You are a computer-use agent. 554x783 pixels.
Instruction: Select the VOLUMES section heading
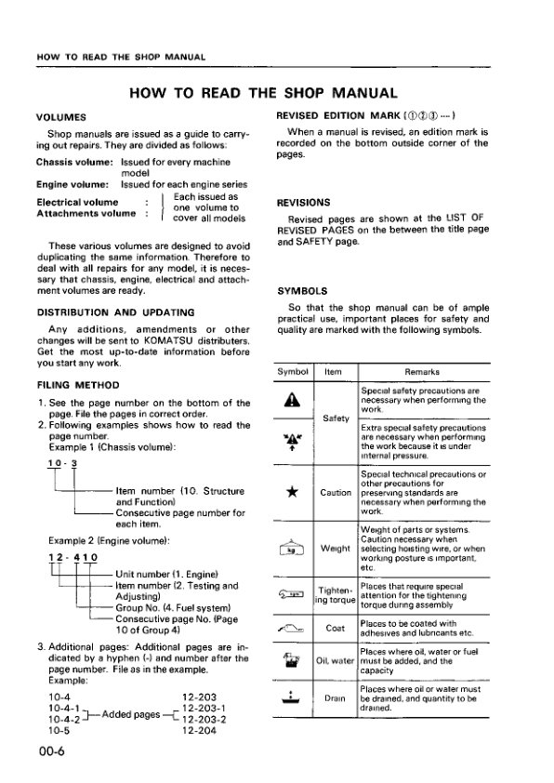tap(61, 116)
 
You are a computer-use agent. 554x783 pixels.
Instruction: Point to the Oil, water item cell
tap(334, 661)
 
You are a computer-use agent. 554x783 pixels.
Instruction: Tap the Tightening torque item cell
tap(334, 594)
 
